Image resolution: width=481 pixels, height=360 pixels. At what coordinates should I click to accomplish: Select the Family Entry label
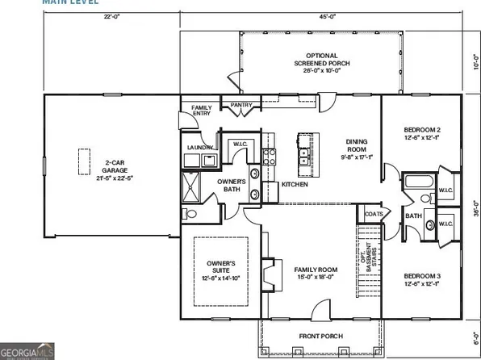[200, 111]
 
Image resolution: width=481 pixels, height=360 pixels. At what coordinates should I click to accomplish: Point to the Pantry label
[241, 105]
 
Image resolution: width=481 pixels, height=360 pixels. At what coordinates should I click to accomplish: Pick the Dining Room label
[356, 149]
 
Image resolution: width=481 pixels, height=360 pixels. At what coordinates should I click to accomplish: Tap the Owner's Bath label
[232, 186]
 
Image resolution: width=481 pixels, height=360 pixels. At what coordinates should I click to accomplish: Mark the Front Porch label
[321, 336]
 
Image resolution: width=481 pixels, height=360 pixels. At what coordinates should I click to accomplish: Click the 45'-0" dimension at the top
[328, 15]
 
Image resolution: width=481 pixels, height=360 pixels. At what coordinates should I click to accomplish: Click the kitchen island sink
[306, 153]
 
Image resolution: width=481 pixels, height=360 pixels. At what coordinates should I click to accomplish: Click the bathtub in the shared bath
[418, 182]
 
